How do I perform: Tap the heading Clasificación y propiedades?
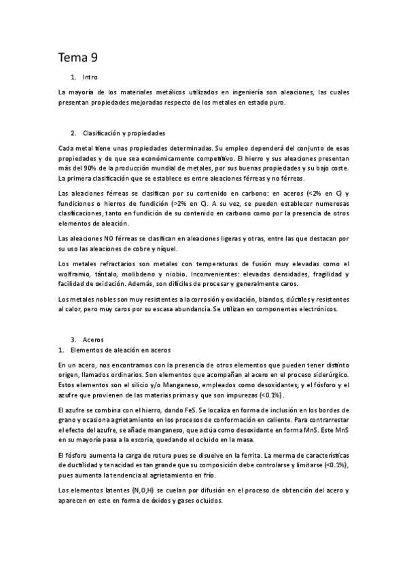[x=124, y=132]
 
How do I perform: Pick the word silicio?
[x=137, y=386]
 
